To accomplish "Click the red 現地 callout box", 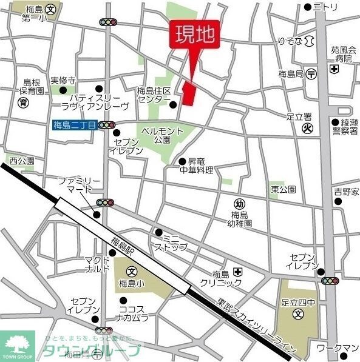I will (x=194, y=35).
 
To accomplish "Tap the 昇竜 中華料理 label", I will (x=200, y=166).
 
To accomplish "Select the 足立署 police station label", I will (x=299, y=116).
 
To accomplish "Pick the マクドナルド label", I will (x=97, y=264).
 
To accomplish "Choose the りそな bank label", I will (x=290, y=41).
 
